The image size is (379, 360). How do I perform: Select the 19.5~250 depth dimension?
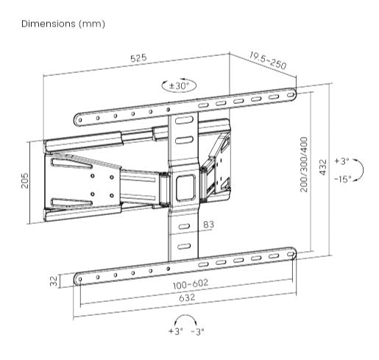[x=267, y=60]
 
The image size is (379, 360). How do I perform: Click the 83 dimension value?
[x=208, y=225]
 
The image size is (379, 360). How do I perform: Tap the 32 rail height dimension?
[x=54, y=280]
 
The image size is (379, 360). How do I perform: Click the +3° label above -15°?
[x=341, y=160]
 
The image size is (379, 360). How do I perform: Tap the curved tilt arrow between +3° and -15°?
[x=359, y=169]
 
